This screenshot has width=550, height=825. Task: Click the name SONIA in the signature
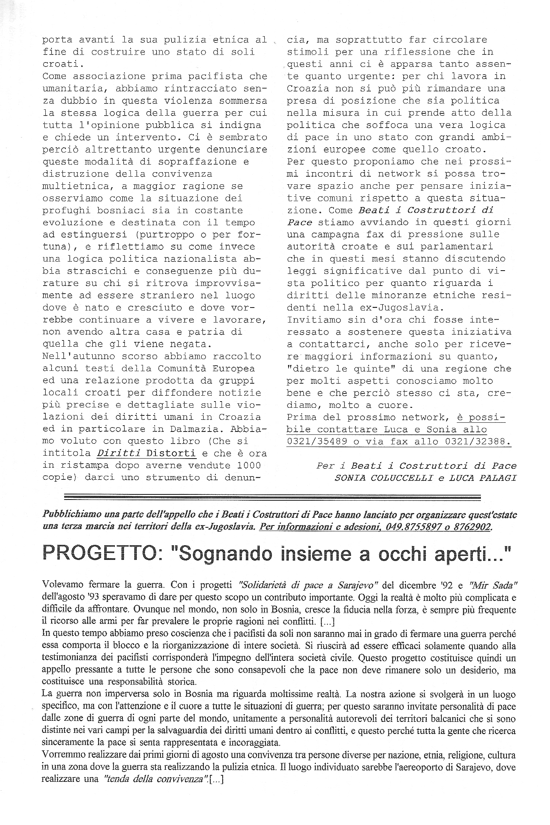tap(350, 478)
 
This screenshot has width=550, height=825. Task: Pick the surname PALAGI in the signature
tap(498, 478)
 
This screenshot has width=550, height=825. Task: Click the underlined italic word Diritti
tap(118, 453)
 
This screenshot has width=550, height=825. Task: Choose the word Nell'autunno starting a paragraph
tap(79, 356)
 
